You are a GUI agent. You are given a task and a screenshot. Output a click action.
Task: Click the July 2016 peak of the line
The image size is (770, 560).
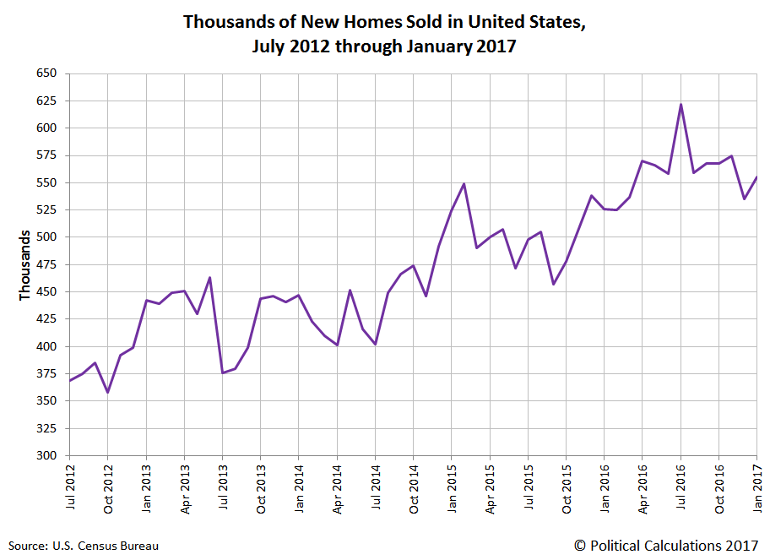click(x=681, y=105)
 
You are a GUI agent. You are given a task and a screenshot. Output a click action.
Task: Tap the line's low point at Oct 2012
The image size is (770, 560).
click(x=107, y=392)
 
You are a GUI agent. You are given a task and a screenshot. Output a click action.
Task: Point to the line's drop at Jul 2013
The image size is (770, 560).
click(x=222, y=372)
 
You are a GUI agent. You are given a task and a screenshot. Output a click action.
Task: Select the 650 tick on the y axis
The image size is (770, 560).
click(x=47, y=73)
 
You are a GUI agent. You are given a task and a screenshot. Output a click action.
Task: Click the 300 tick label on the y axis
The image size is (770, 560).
click(x=47, y=455)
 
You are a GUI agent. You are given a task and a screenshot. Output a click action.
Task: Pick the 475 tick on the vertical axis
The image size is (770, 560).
click(x=47, y=264)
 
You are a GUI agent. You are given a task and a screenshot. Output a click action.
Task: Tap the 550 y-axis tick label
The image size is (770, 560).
click(x=47, y=182)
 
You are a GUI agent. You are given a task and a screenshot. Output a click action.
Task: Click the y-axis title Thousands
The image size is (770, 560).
click(x=24, y=264)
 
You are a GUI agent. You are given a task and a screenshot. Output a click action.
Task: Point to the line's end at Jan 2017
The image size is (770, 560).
click(x=756, y=177)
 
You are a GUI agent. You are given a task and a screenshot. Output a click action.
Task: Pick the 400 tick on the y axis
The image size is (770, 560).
click(x=47, y=346)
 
